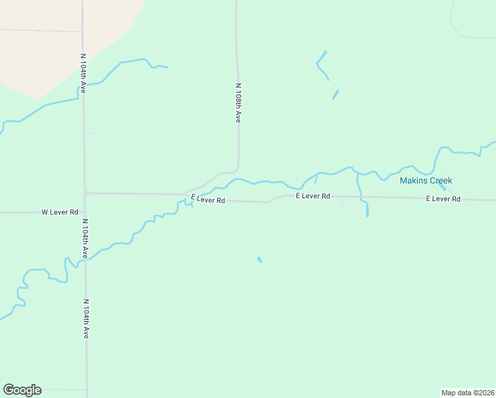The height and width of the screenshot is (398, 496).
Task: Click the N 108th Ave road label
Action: click(237, 102)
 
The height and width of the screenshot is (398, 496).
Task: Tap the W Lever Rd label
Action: click(60, 212)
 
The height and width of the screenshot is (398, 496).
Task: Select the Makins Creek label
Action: click(425, 180)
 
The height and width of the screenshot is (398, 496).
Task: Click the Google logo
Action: click(22, 390)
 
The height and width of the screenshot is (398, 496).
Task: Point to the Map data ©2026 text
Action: click(467, 393)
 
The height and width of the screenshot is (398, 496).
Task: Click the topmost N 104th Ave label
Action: click(83, 73)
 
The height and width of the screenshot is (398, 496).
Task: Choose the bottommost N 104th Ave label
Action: click(86, 319)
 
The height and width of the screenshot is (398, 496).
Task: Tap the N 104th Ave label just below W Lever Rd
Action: click(84, 239)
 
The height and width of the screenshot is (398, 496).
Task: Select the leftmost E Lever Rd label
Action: click(208, 199)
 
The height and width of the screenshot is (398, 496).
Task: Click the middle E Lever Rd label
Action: click(313, 196)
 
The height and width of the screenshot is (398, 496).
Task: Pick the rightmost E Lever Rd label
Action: click(443, 199)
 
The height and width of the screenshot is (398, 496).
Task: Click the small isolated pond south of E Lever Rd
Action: click(259, 259)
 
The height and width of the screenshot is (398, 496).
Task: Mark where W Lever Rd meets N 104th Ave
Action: click(84, 212)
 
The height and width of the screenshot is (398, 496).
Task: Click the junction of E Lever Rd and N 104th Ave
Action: click(86, 193)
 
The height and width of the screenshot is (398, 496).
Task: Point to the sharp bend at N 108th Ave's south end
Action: click(237, 169)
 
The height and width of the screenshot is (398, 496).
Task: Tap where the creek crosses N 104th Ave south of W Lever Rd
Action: click(85, 259)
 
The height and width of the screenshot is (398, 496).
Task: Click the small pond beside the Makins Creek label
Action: click(442, 187)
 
